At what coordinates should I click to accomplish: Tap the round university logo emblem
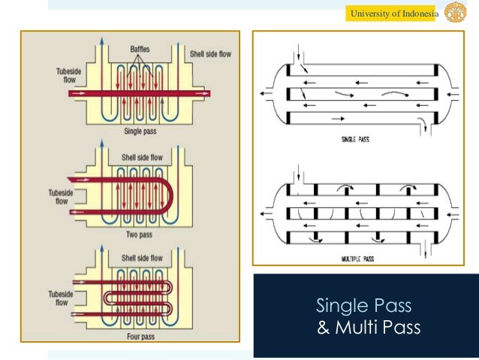[455, 14]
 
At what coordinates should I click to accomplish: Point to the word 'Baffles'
[138, 49]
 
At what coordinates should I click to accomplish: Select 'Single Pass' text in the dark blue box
[363, 306]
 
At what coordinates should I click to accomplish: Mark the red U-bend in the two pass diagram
[170, 196]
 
